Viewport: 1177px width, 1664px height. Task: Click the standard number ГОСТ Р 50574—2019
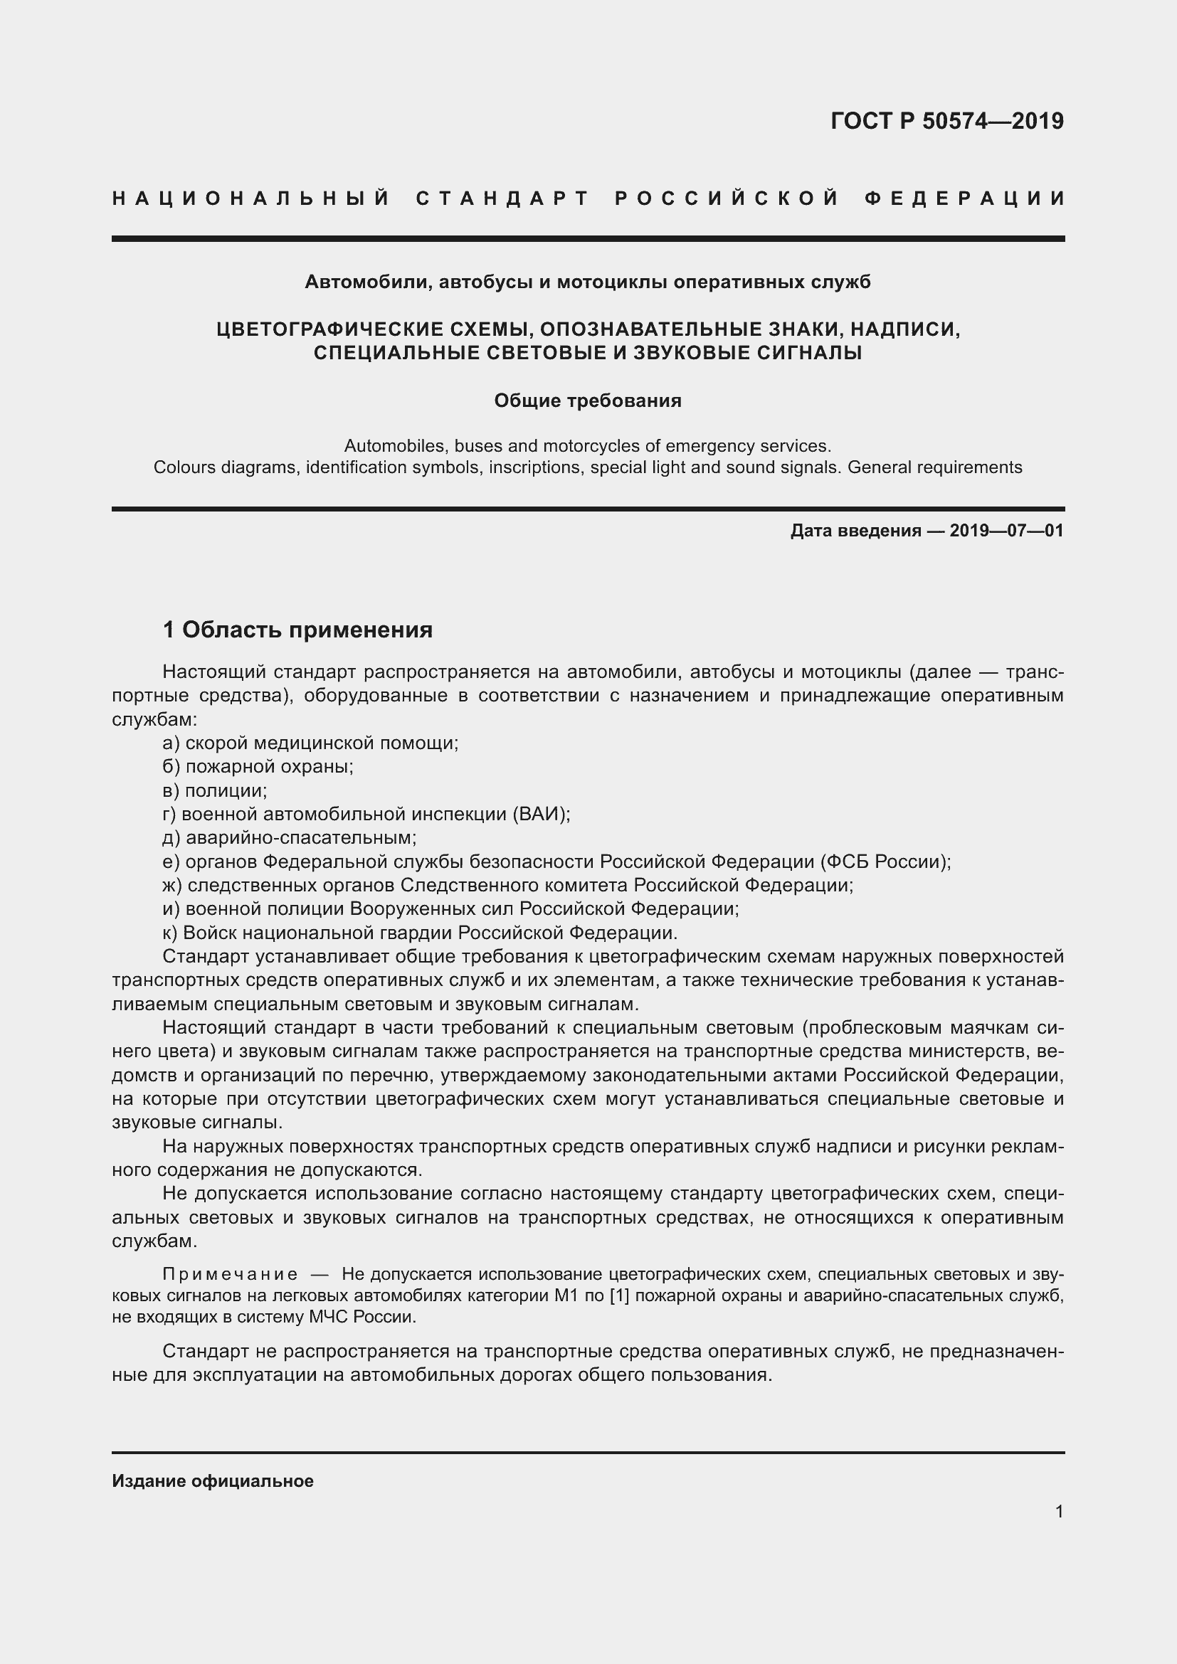click(946, 121)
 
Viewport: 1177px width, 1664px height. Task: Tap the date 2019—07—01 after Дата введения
click(1006, 531)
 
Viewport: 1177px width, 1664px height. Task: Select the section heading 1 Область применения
click(297, 630)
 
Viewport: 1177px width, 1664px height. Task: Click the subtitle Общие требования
click(588, 401)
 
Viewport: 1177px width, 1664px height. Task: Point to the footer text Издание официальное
click(212, 1480)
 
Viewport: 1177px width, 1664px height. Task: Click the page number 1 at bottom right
click(1059, 1512)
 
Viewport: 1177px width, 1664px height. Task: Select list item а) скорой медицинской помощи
click(310, 743)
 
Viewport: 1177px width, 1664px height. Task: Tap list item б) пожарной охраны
click(258, 766)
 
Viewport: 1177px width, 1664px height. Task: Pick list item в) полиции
click(215, 790)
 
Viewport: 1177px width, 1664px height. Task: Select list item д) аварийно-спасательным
click(290, 838)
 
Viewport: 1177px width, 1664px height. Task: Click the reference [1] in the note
click(618, 1295)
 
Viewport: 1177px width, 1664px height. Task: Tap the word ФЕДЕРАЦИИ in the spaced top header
click(965, 198)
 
